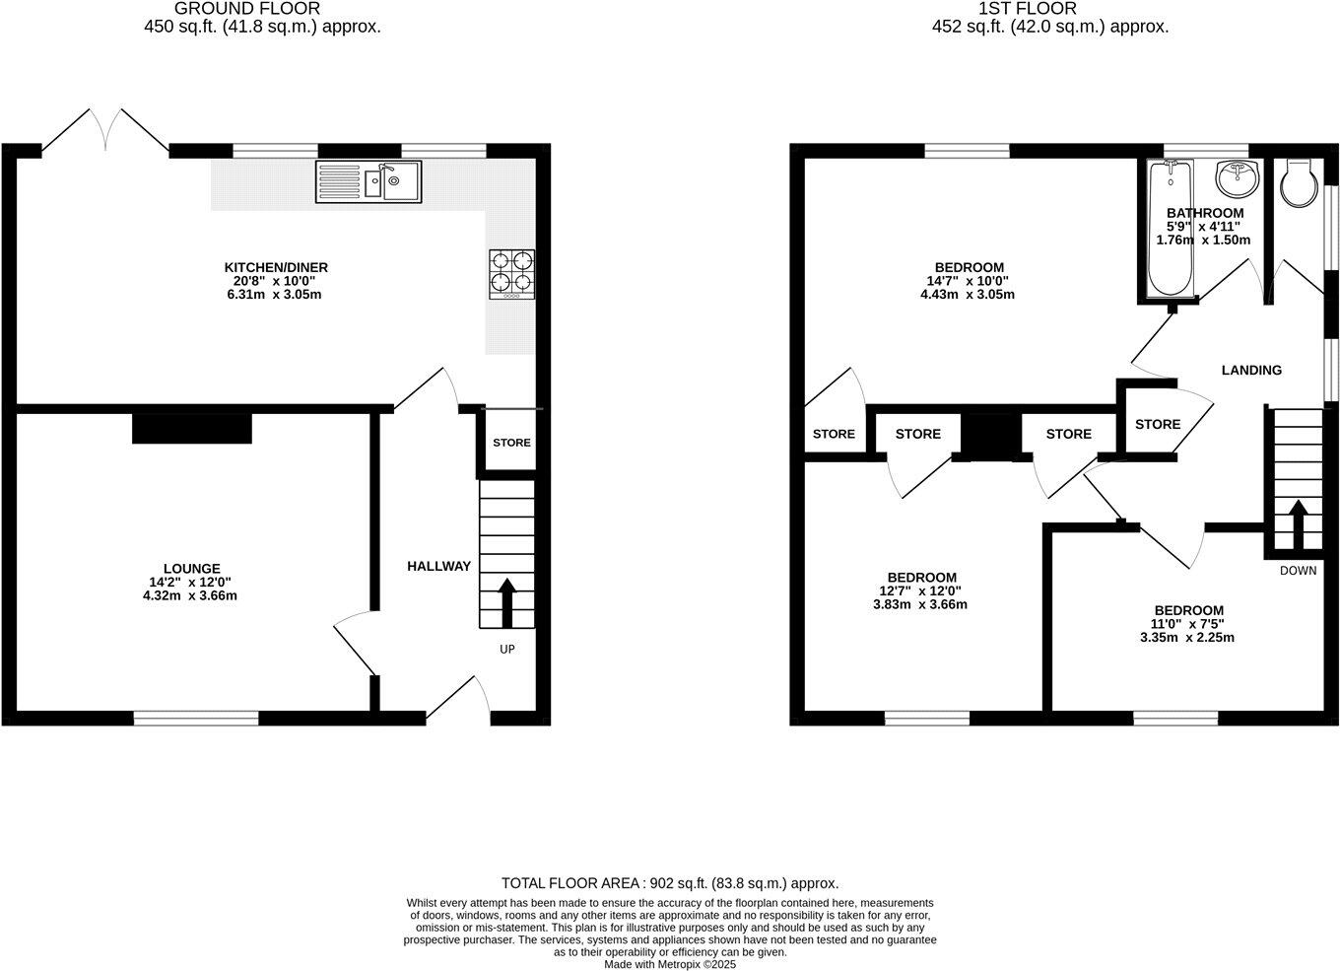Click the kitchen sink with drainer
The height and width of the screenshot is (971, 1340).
[x=368, y=182]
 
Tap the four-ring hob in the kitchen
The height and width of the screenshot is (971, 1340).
[x=512, y=274]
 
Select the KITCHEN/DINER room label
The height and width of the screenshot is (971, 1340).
[x=276, y=267]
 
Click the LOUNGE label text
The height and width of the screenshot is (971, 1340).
[x=191, y=569]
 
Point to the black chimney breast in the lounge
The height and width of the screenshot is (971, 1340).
[x=192, y=429]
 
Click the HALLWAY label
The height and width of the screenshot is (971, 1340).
[x=438, y=566]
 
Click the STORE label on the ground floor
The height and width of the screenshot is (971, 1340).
[x=511, y=443]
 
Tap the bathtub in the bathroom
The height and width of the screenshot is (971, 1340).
[x=1171, y=232]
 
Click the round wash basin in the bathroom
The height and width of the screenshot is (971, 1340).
[x=1235, y=178]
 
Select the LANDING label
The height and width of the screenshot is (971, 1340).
[x=1251, y=371]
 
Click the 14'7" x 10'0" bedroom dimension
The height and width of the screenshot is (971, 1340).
[x=968, y=281]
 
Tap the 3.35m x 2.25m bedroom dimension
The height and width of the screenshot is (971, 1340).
[x=1188, y=637]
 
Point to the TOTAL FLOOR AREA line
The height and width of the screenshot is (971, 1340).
[x=670, y=883]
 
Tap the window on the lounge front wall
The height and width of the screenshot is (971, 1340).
[x=196, y=718]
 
